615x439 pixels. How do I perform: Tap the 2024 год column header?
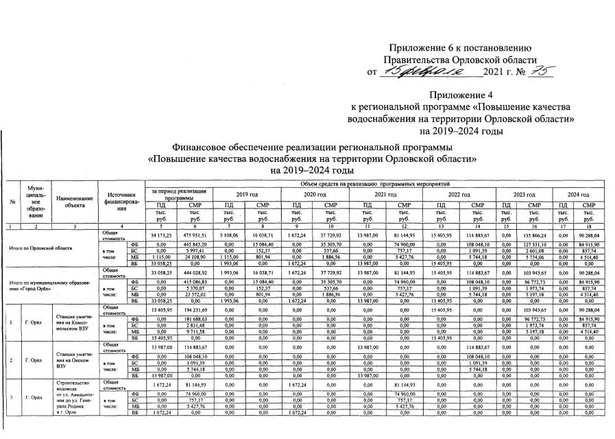pyautogui.click(x=574, y=194)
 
